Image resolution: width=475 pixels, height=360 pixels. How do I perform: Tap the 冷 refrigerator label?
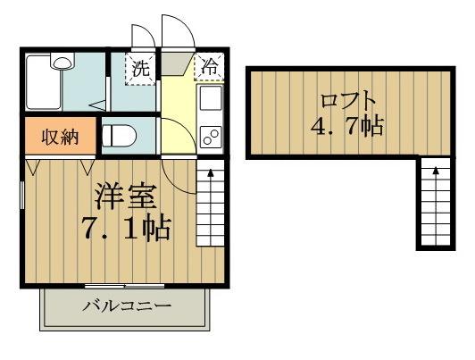click(210, 65)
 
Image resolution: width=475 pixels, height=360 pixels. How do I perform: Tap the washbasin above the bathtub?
click(62, 62)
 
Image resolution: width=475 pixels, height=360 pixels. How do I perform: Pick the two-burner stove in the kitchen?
click(212, 136)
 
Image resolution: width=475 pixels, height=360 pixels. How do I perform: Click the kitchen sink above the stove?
click(212, 98)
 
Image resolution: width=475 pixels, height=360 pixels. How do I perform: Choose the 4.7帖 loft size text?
click(346, 127)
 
